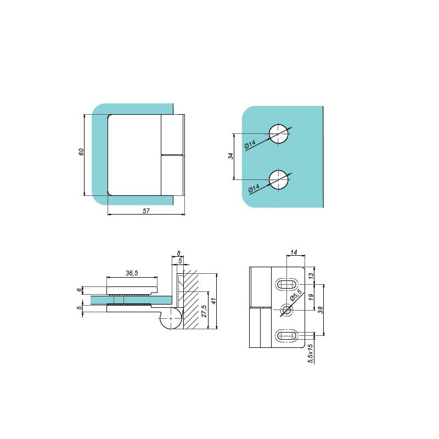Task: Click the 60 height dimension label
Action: coord(81,152)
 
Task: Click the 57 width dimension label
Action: coord(146,211)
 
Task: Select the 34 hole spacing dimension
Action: coord(230,156)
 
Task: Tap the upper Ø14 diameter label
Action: coord(250,144)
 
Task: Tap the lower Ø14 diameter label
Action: coord(254,189)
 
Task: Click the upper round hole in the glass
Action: coord(279,133)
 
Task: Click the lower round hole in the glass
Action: coord(279,179)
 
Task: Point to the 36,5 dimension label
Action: coord(132,273)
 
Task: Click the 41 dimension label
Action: coord(214,301)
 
